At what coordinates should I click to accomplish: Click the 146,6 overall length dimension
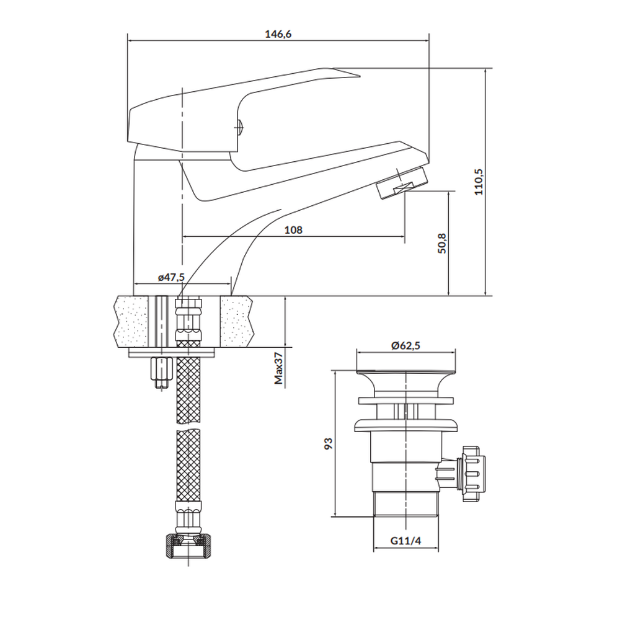pyautogui.click(x=278, y=34)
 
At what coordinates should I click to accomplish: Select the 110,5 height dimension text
pyautogui.click(x=479, y=182)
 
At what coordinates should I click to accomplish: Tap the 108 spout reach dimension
pyautogui.click(x=293, y=230)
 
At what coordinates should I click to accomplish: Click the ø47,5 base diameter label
pyautogui.click(x=171, y=277)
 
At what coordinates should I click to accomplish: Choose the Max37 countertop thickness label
pyautogui.click(x=279, y=368)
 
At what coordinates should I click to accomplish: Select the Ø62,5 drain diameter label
pyautogui.click(x=405, y=345)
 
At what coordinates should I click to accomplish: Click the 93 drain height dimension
pyautogui.click(x=328, y=443)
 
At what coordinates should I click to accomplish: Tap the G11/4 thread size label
pyautogui.click(x=405, y=540)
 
